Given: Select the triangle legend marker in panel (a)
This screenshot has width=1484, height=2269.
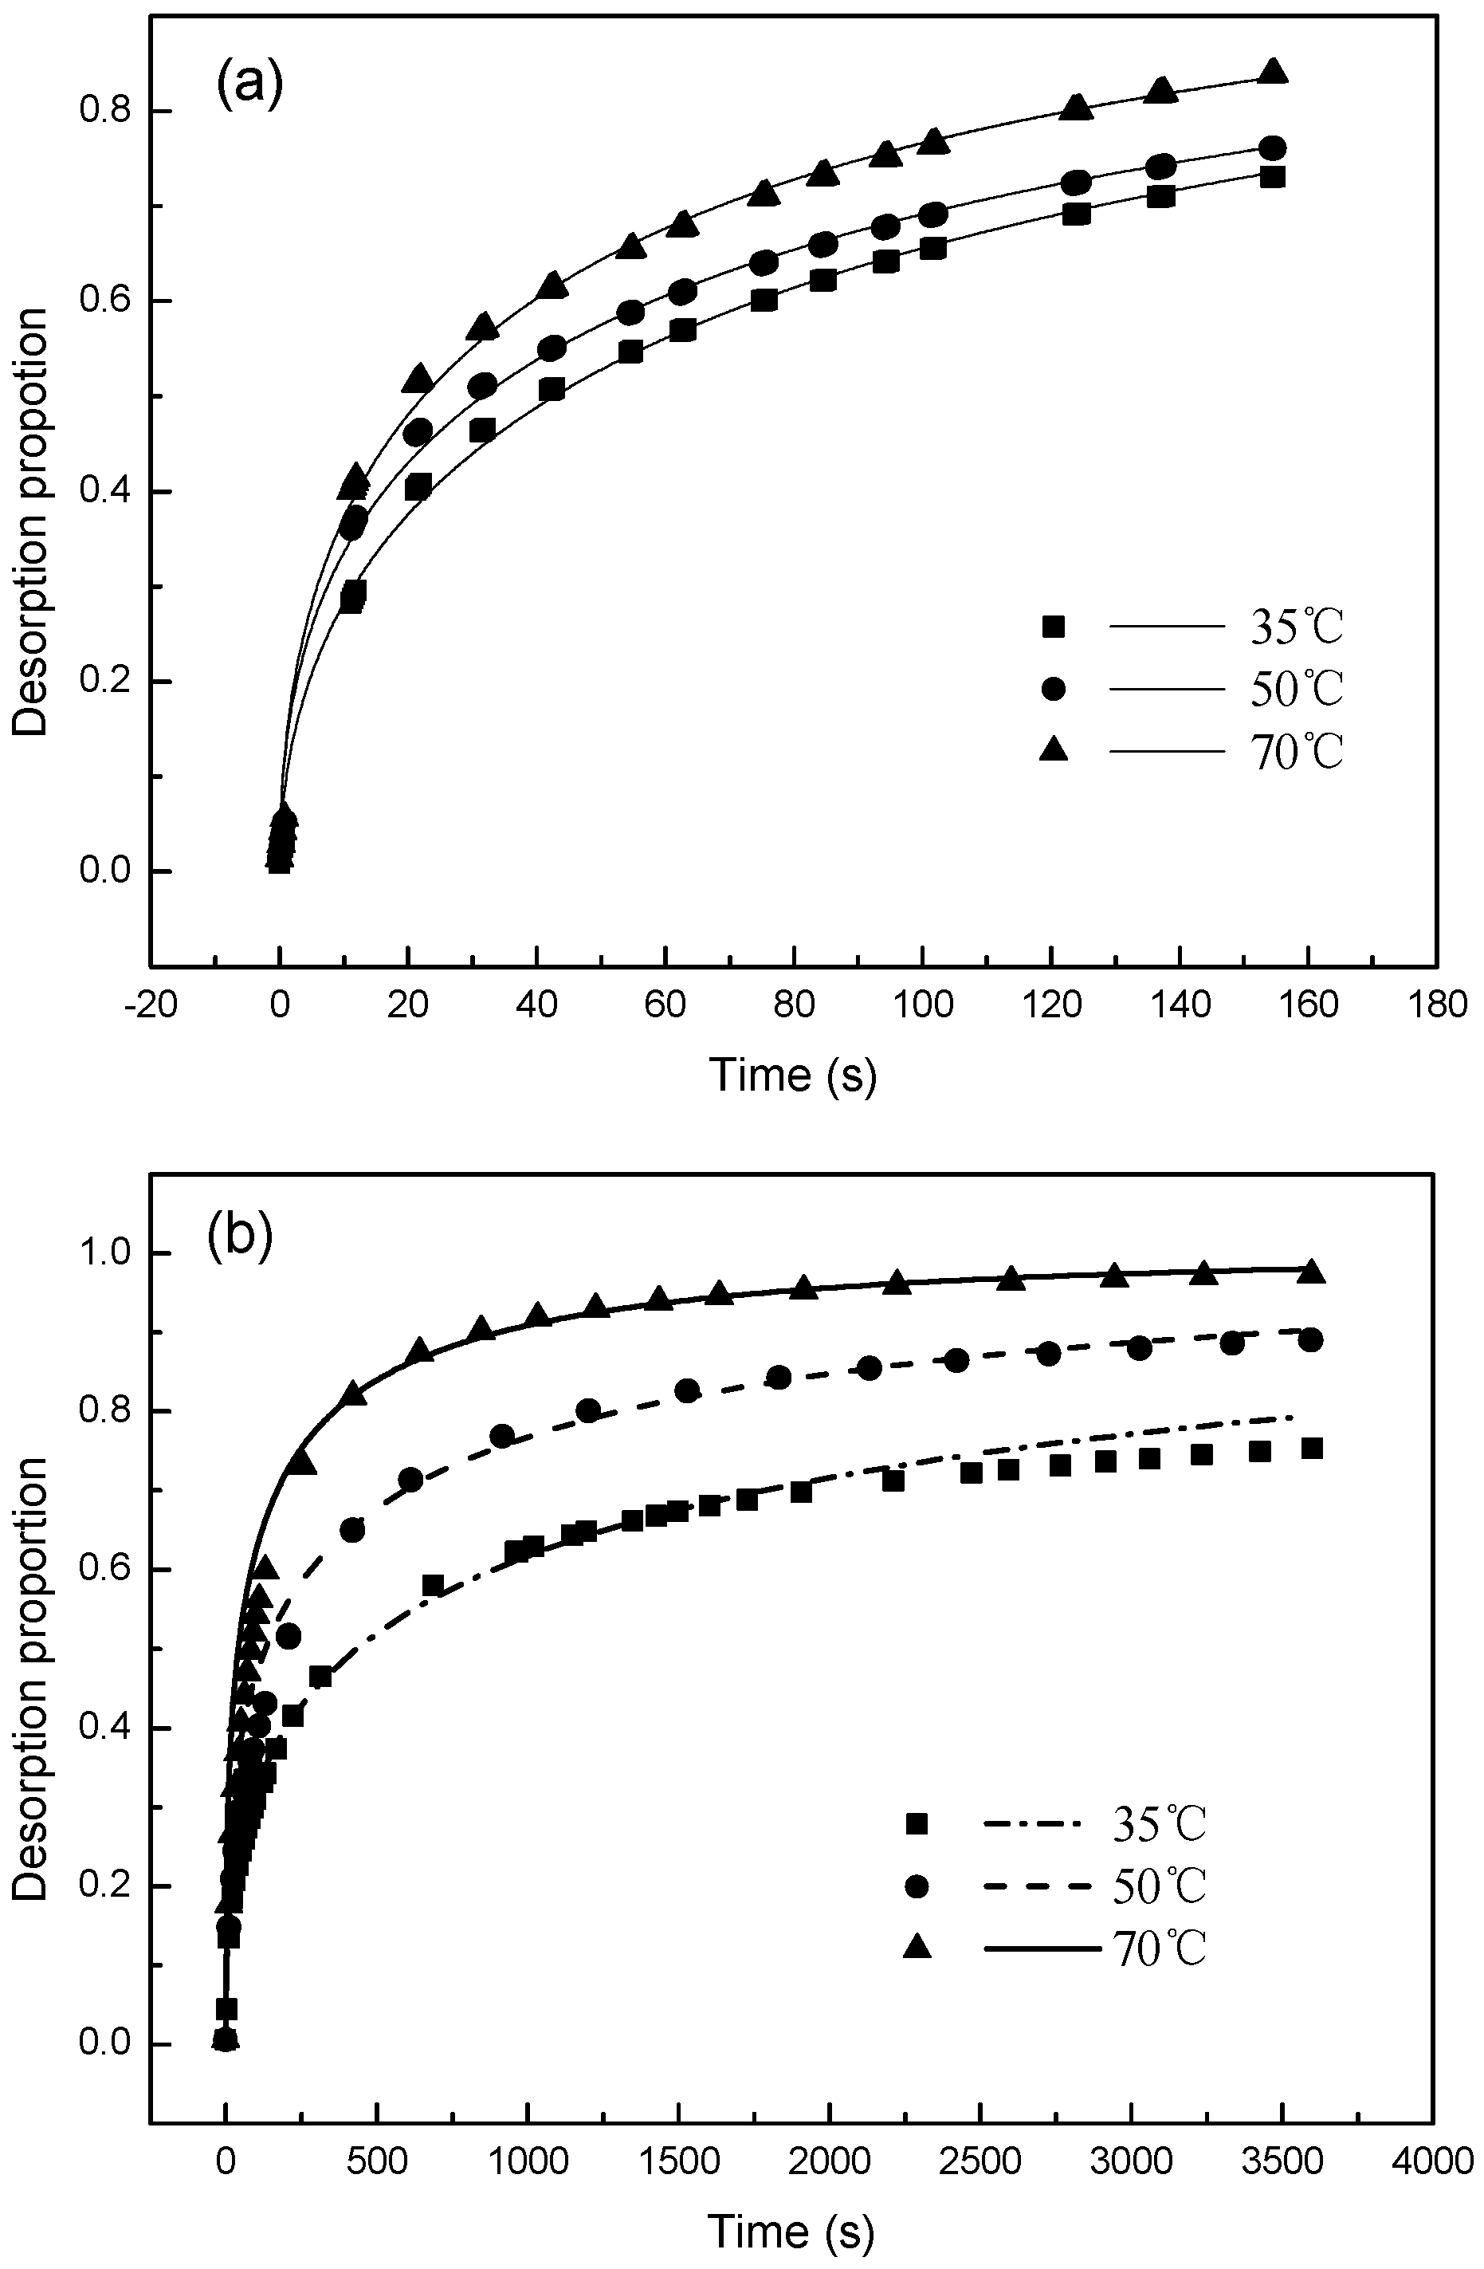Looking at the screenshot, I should (x=1053, y=751).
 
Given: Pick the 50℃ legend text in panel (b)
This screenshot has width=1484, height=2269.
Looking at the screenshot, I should (x=1159, y=1886).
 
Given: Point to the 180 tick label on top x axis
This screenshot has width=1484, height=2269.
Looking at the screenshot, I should (x=1436, y=1007).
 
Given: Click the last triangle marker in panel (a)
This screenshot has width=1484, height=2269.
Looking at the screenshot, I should (x=1273, y=73).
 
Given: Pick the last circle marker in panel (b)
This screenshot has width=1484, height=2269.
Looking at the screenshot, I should (x=1310, y=1339).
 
